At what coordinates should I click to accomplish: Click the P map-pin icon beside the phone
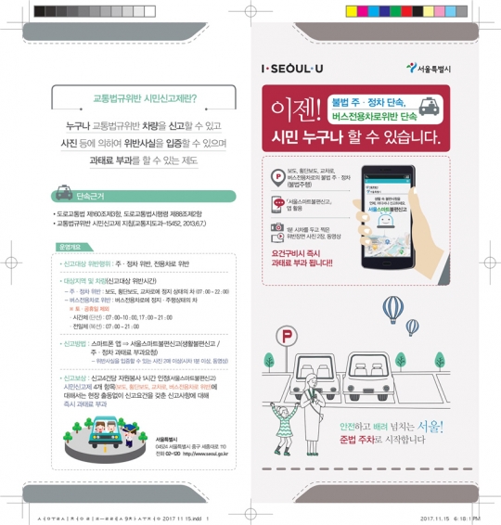click(276, 177)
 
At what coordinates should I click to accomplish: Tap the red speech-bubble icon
click(276, 203)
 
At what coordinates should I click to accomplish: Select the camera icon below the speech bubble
click(276, 228)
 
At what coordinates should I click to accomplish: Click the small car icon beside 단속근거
click(64, 196)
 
